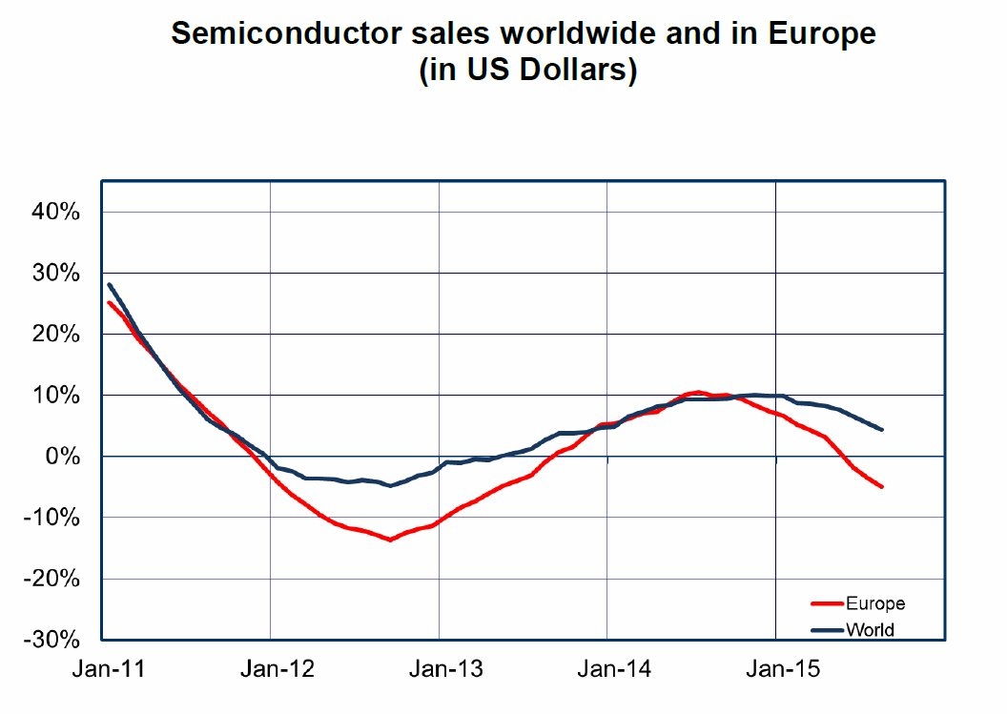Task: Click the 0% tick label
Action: (x=63, y=457)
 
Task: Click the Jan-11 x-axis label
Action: (x=109, y=670)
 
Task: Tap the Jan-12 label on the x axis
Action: (x=277, y=670)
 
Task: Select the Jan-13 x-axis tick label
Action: (x=446, y=670)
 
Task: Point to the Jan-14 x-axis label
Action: (x=614, y=670)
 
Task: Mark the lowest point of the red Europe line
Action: (x=390, y=540)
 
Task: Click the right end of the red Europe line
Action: (x=882, y=487)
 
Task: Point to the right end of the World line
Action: (x=882, y=429)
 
